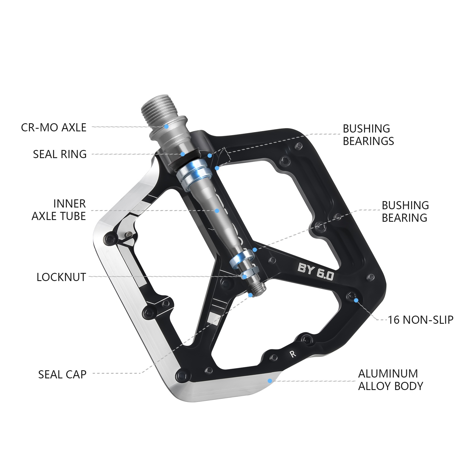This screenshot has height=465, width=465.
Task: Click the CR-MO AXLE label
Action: pyautogui.click(x=54, y=128)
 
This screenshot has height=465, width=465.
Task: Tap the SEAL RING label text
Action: pyautogui.click(x=60, y=154)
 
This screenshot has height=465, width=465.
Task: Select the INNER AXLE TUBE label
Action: pyautogui.click(x=59, y=210)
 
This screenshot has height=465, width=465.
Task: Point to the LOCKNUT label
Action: pyautogui.click(x=61, y=277)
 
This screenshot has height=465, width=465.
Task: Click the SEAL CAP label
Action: pyautogui.click(x=62, y=374)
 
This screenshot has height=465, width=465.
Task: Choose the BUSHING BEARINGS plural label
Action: pyautogui.click(x=368, y=135)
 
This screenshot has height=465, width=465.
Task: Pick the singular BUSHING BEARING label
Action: pyautogui.click(x=405, y=212)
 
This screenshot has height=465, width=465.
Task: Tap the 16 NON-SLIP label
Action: pyautogui.click(x=421, y=320)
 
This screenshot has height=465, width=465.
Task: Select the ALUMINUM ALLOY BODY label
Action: pyautogui.click(x=391, y=380)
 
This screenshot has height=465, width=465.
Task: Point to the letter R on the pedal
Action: pyautogui.click(x=293, y=354)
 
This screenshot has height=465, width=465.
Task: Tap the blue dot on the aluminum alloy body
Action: pyautogui.click(x=270, y=381)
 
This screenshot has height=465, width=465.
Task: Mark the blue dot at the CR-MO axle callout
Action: pyautogui.click(x=166, y=126)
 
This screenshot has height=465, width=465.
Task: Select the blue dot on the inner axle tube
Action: pyautogui.click(x=217, y=211)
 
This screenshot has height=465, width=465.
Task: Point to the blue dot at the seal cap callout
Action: pyautogui.click(x=250, y=295)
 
